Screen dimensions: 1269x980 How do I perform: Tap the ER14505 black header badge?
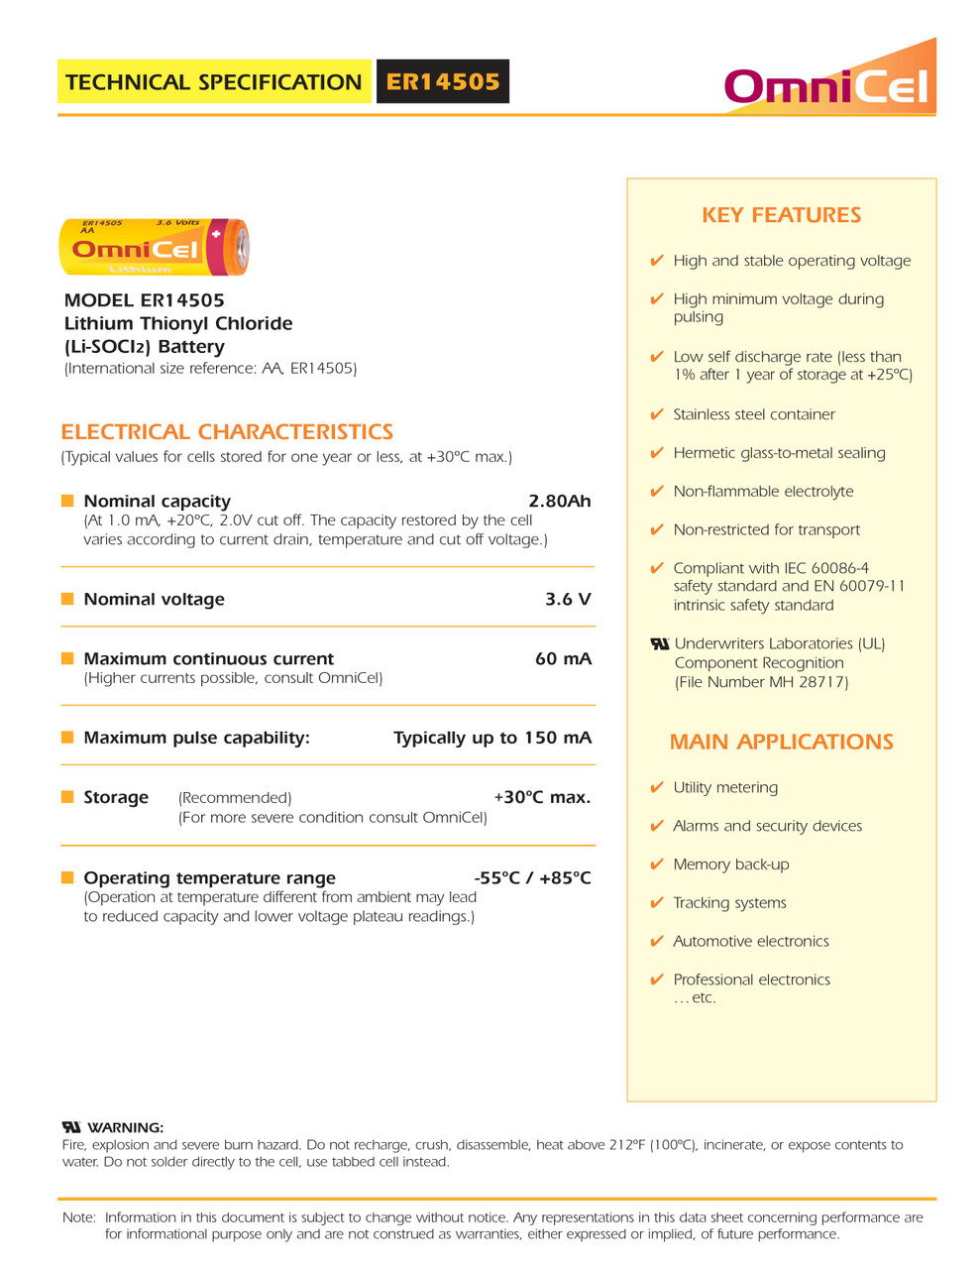click(443, 81)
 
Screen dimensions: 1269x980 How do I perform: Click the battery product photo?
click(154, 247)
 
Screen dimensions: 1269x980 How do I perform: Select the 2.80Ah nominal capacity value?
click(559, 501)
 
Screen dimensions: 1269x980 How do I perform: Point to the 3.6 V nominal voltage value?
click(568, 599)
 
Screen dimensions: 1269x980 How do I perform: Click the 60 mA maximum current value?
click(563, 658)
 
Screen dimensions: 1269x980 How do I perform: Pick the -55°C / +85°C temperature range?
click(532, 877)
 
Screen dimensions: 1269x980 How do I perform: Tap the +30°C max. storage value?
click(542, 797)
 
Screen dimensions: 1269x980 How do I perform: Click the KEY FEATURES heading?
click(781, 215)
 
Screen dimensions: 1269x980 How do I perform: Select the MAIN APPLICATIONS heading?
click(781, 742)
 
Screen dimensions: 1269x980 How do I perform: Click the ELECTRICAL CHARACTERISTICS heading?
click(227, 432)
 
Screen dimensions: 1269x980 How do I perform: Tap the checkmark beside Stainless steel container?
click(656, 414)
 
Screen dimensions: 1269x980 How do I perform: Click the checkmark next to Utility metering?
click(656, 787)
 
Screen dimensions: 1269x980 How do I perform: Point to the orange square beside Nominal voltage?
click(67, 599)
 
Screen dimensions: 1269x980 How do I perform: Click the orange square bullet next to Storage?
click(67, 797)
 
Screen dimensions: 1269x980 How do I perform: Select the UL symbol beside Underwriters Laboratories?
click(659, 643)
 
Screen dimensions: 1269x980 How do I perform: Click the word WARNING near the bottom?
click(126, 1127)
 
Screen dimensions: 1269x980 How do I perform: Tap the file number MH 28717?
click(816, 682)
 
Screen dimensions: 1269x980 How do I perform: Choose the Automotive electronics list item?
click(750, 941)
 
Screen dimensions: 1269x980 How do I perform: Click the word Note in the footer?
click(78, 1217)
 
